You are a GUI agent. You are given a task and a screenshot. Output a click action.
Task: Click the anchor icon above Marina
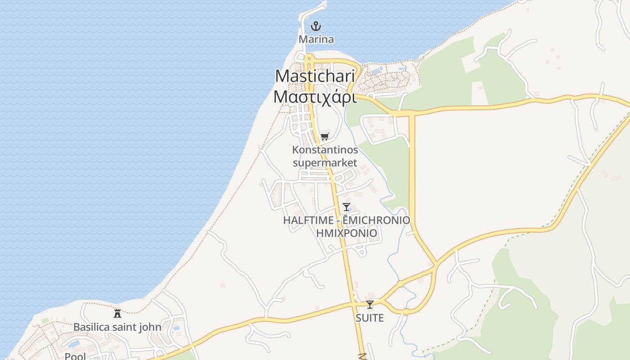click(316, 26)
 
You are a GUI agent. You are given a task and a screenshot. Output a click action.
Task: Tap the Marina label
click(316, 40)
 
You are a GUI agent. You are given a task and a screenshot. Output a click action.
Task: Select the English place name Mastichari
click(315, 76)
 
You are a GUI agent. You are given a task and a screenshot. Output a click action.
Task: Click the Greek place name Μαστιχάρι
click(315, 96)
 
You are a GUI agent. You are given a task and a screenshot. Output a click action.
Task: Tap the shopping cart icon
click(325, 136)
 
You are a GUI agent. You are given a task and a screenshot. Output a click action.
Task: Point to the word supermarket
click(325, 162)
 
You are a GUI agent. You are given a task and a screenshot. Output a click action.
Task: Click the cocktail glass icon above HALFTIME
click(346, 207)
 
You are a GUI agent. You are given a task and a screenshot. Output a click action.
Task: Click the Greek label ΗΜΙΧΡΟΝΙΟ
click(346, 233)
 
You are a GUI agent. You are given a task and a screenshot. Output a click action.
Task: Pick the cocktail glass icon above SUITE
click(370, 305)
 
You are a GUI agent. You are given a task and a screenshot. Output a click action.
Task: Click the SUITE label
click(370, 318)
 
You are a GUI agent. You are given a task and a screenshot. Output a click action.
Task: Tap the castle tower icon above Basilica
click(117, 313)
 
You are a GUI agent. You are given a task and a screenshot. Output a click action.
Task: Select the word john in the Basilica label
click(149, 327)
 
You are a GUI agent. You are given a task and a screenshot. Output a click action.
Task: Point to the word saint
click(124, 327)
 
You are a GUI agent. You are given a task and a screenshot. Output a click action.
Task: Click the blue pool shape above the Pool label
click(74, 344)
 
